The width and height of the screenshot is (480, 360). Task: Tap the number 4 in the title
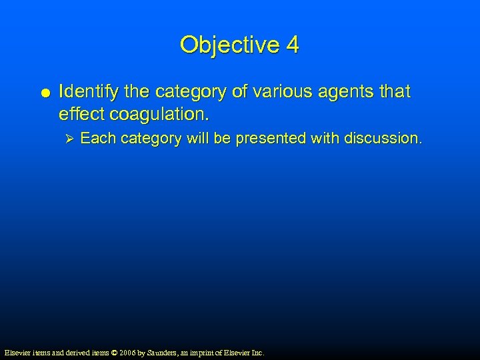(292, 45)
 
